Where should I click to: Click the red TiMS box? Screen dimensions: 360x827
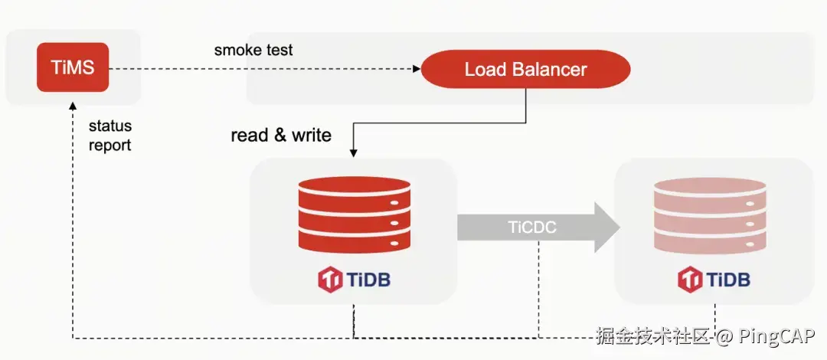(x=73, y=67)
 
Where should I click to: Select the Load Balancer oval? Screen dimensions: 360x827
(x=525, y=70)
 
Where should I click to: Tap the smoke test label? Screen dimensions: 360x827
(x=253, y=51)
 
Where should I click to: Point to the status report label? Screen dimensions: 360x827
(x=110, y=136)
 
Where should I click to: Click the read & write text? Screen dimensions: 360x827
(x=281, y=136)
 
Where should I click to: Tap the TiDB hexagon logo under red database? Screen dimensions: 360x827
(x=330, y=279)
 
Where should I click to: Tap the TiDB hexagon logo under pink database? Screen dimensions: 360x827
(x=690, y=279)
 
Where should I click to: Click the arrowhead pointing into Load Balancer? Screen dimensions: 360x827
(x=417, y=69)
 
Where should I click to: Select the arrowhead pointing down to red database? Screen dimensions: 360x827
(x=354, y=154)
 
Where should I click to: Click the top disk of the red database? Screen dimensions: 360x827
(x=354, y=188)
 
